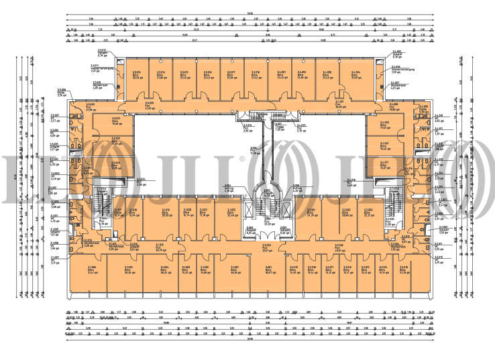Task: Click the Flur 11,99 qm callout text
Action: coord(254,151)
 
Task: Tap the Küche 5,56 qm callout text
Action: coord(62,95)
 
